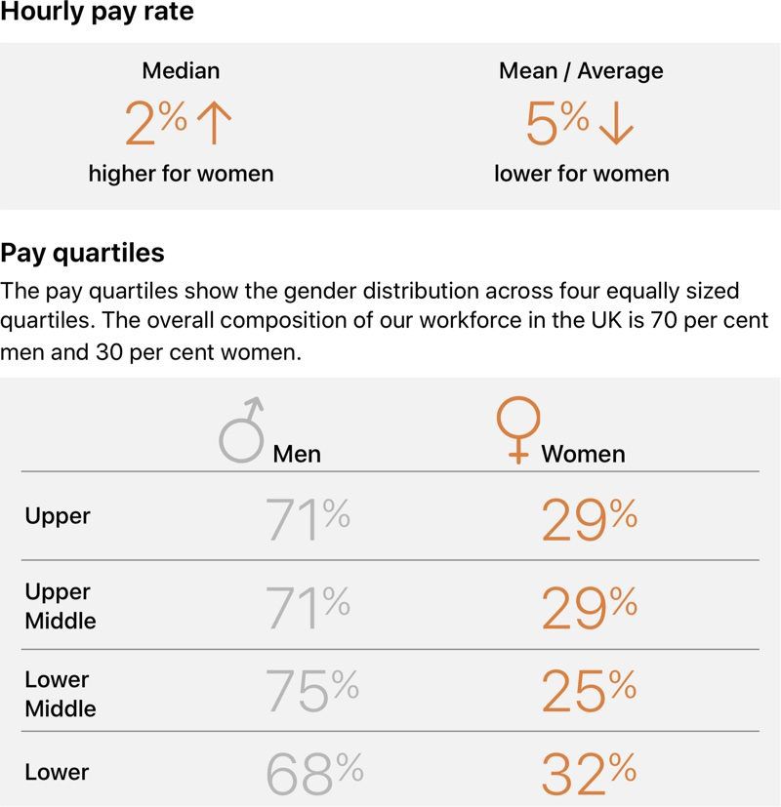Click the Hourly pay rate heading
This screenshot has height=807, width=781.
pos(97,13)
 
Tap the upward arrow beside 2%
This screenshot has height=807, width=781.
pos(214,125)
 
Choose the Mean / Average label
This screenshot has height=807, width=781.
pos(581,71)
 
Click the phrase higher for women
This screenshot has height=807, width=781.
pos(181,174)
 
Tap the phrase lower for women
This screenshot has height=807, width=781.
pos(582,174)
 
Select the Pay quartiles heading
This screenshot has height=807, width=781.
pos(82,254)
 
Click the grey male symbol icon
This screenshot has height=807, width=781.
pos(241,429)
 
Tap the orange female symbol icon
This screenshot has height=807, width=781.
pos(517,430)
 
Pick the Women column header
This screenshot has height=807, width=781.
pos(583,454)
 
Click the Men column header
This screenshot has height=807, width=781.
pos(297,454)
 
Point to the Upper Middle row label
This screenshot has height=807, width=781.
pos(60,606)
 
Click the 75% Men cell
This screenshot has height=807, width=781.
pos(312,692)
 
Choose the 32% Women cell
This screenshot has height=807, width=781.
pos(590,774)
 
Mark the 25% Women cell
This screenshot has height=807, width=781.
pos(590,692)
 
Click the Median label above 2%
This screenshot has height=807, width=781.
pos(181,71)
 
